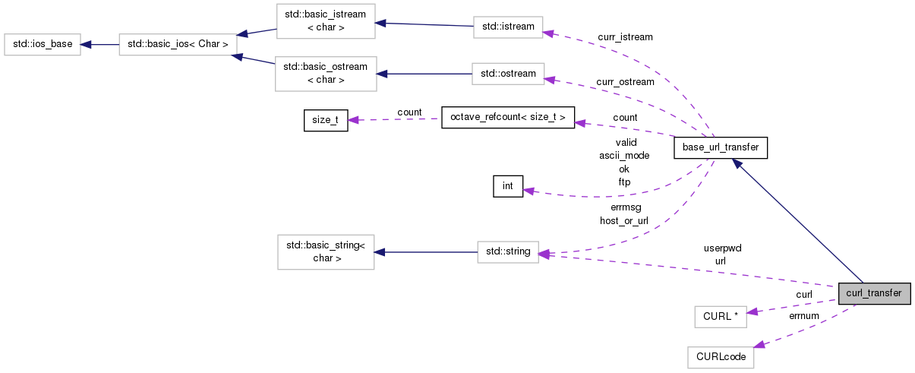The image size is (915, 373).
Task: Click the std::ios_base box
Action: coord(43,45)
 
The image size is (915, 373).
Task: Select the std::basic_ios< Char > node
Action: coord(178,45)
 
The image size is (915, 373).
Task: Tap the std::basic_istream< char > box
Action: coord(326,21)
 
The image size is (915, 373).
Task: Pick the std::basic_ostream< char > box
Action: coord(326,74)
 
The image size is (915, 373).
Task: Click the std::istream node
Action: coord(508,27)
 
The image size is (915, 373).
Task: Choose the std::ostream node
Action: coord(508,74)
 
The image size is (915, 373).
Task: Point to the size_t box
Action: coord(326,121)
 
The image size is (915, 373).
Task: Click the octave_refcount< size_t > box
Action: coord(508,118)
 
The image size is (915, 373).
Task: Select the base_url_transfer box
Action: coord(721,148)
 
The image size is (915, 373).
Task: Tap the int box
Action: coord(508,186)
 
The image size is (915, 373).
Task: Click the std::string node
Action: coord(508,252)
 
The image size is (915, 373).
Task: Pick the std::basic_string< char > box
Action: coord(326,252)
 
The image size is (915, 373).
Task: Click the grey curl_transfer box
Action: coord(874,293)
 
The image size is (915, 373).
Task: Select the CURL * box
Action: coord(721,317)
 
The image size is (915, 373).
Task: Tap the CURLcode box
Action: coord(721,358)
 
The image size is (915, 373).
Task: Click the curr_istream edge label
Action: coord(625,37)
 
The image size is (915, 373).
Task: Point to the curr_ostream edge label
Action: coord(625,82)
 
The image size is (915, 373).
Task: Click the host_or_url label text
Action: coord(623,221)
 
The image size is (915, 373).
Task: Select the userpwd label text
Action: coord(722,248)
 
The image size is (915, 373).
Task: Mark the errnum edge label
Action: coord(804,316)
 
